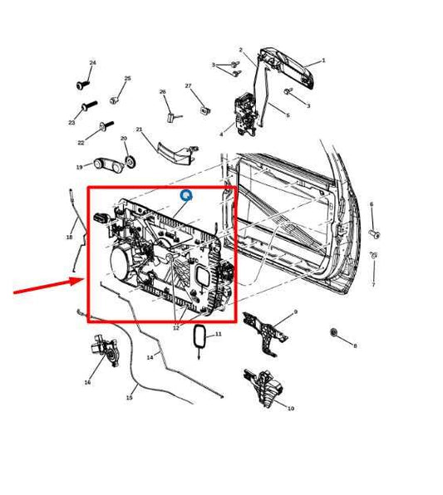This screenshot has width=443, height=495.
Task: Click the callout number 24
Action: coord(92,63)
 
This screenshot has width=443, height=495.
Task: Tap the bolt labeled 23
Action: coord(90,105)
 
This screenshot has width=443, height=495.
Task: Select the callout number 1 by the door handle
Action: coord(323,61)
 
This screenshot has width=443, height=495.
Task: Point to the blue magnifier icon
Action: coord(186,195)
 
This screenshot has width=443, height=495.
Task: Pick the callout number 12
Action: coord(176,328)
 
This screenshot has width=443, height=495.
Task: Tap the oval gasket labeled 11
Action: coord(199,336)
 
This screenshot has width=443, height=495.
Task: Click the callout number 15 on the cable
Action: coord(129,398)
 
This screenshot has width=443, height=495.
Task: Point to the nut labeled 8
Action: coord(333,332)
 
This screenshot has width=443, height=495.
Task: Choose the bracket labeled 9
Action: coord(265,334)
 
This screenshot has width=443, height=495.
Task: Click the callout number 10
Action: coord(291,409)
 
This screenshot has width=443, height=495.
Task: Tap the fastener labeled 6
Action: coord(375,234)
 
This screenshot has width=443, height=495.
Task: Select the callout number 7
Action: coord(373,285)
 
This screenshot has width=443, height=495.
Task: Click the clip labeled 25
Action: coord(114,100)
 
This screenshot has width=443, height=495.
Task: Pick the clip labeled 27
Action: coord(205,110)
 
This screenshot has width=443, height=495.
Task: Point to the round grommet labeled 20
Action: coord(130,161)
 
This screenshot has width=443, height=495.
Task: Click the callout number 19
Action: coord(79,167)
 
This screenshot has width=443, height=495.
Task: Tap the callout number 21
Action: coord(140,130)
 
